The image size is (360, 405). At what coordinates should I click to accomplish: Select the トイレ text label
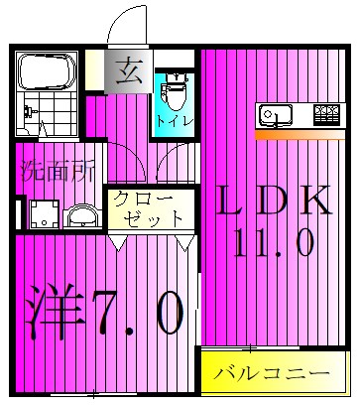pos(175,120)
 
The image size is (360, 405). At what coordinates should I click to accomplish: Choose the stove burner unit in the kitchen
pos(324,114)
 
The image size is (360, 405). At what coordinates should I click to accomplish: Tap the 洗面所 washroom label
pos(57,169)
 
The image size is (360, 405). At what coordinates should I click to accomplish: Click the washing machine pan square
pos(43,212)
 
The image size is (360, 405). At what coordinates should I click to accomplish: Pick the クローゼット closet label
pos(149,206)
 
